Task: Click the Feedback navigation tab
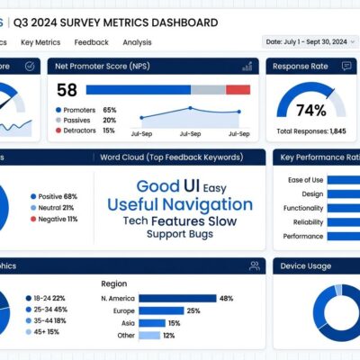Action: (91, 42)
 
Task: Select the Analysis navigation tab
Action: (137, 42)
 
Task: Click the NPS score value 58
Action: (67, 90)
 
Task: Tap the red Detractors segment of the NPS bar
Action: (238, 90)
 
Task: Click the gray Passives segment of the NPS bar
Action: (208, 90)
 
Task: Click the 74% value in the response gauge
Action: (310, 111)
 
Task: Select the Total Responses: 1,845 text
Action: (311, 131)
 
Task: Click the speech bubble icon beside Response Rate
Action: (346, 66)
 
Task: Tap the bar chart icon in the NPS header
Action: (247, 66)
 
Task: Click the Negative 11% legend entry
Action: (56, 219)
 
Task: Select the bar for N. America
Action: (176, 298)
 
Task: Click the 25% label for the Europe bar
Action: (193, 310)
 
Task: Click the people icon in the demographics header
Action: (255, 265)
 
